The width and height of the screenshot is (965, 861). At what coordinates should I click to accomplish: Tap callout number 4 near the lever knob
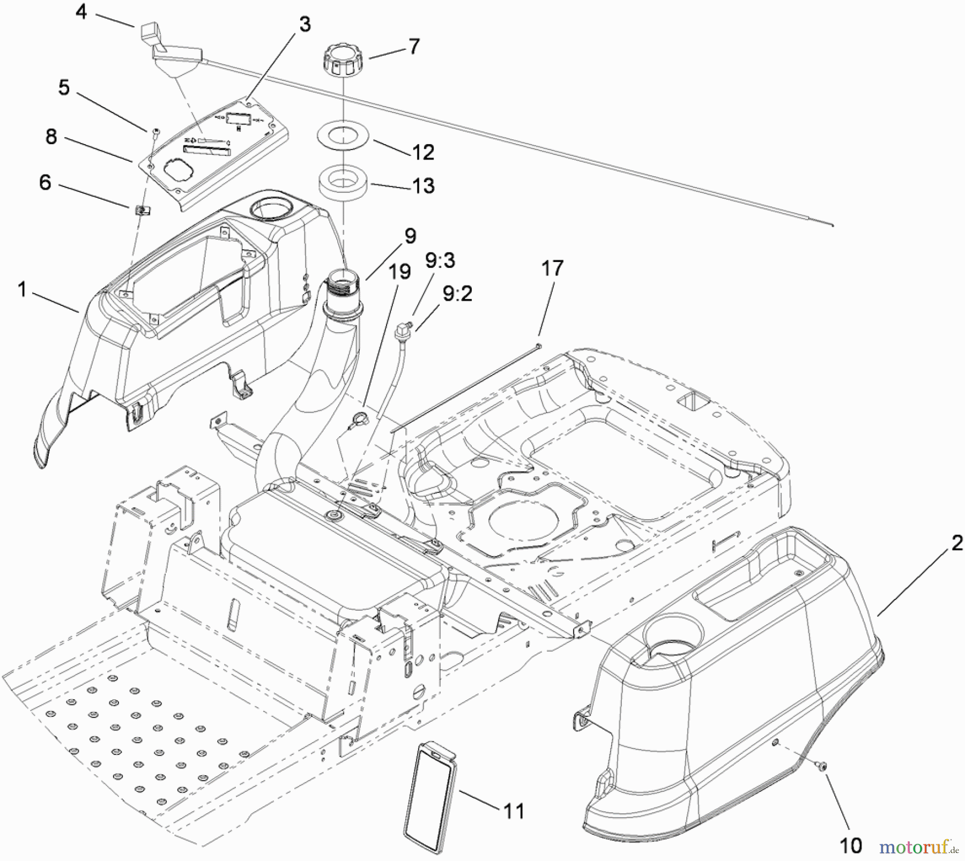tap(81, 11)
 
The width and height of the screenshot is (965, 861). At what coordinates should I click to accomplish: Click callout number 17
tap(552, 268)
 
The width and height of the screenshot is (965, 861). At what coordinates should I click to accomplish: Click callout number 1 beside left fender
tap(22, 290)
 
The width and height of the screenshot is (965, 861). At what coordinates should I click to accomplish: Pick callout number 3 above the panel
tap(305, 24)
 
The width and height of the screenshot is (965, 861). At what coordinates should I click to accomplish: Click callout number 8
tap(51, 137)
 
